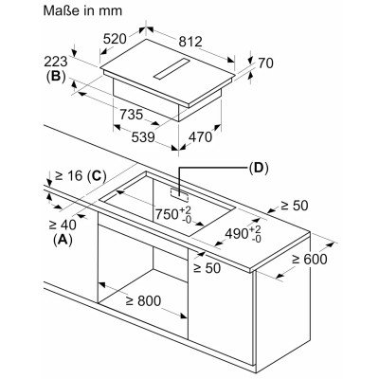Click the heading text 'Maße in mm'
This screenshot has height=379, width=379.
coord(82,10)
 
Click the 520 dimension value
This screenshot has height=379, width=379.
coord(115,39)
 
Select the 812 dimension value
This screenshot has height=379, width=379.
coord(190,42)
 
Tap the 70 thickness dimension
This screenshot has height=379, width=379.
coord(265,63)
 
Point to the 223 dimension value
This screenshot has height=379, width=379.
coord(56,62)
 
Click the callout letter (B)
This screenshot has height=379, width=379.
coord(56,77)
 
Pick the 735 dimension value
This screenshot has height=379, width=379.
coord(131,115)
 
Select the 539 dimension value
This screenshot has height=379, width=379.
coord(143,137)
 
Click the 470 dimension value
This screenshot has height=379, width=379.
coord(200,137)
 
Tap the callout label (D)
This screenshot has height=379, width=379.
coord(259,168)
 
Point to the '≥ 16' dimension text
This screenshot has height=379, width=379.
coord(69,175)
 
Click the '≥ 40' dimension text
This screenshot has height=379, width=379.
coord(63,225)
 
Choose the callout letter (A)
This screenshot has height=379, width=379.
coord(63,240)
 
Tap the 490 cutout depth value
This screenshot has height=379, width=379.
coord(244,234)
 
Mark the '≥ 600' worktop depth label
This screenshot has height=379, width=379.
coord(310,260)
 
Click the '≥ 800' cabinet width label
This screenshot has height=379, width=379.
coord(143,301)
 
